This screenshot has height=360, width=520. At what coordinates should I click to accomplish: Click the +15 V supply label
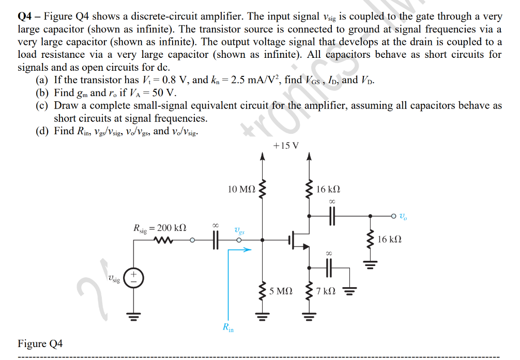[286, 145]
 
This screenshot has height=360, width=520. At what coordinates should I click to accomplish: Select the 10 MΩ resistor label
[241, 190]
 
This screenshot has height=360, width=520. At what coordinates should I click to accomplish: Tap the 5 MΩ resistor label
[281, 291]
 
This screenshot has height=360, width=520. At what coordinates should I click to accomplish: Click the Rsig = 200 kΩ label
[160, 228]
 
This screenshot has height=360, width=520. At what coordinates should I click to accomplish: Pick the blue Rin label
[228, 327]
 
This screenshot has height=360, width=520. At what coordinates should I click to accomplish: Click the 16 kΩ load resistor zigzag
[370, 240]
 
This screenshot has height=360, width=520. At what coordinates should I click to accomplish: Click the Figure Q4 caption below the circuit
[40, 343]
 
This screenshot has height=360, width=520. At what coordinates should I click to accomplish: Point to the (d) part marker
[41, 131]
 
